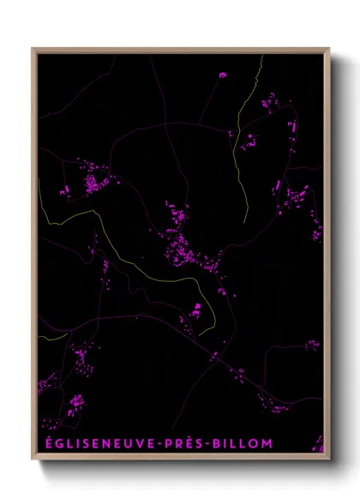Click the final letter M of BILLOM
pos(267,444)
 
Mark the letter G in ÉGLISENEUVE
pos(57,444)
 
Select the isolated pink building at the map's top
pos(223,75)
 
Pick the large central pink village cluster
pos(184,244)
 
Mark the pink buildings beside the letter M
pos(317,442)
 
